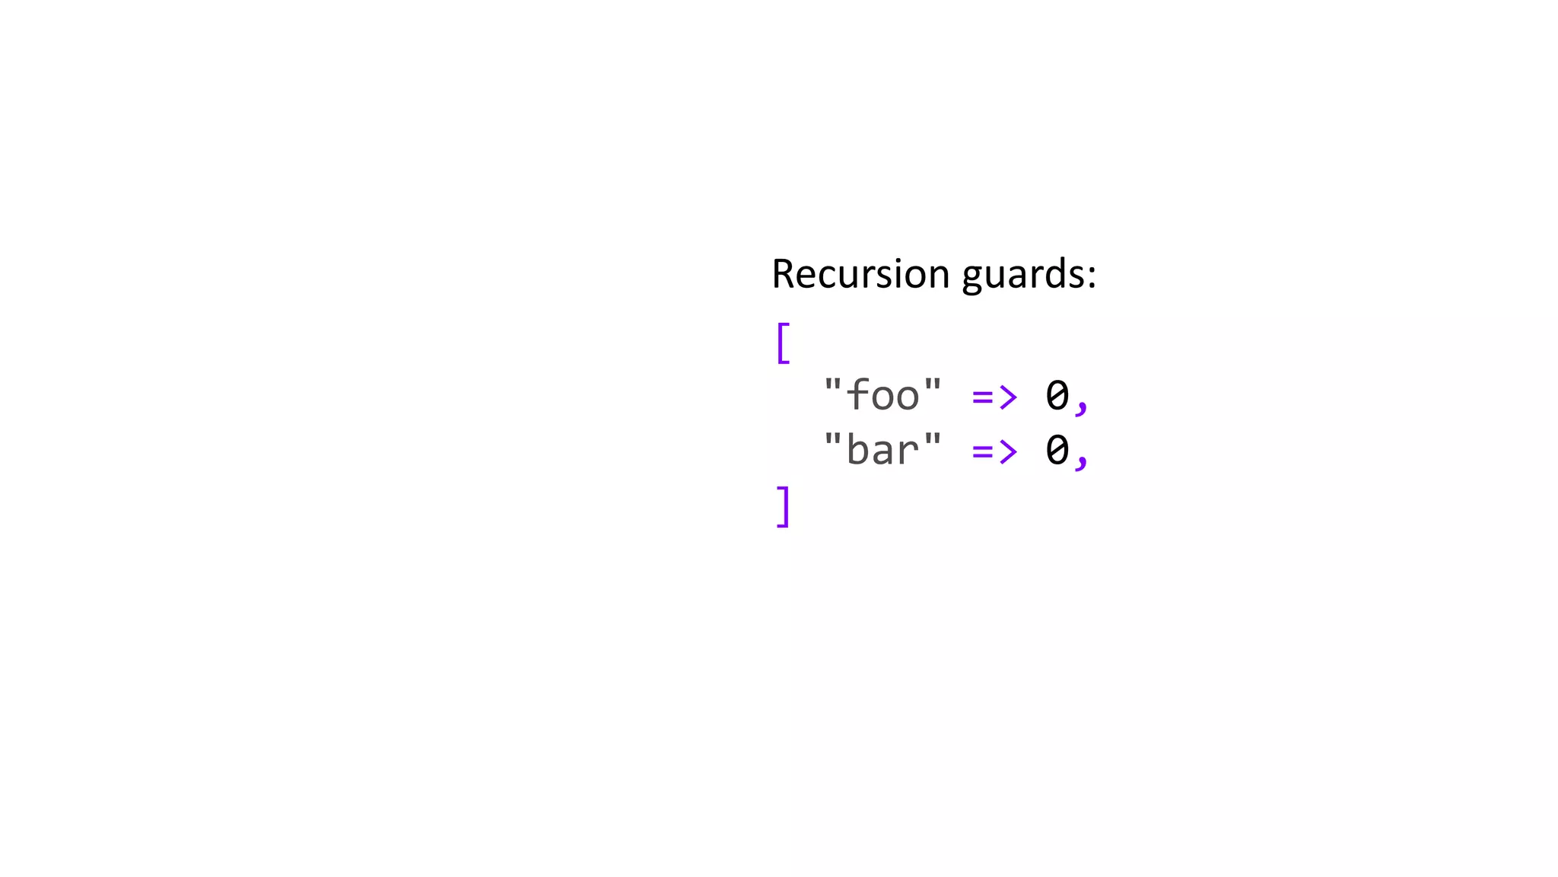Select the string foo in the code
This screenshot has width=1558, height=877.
pos(882,394)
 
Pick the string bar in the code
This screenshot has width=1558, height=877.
pos(882,449)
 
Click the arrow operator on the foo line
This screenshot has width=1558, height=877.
pos(994,397)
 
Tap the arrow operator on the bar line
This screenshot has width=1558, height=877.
pos(994,451)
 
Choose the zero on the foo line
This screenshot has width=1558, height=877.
pos(1057,395)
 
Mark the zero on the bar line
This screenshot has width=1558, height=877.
pos(1057,450)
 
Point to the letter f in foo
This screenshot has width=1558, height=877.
pos(858,394)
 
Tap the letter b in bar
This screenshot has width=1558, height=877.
pos(858,449)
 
